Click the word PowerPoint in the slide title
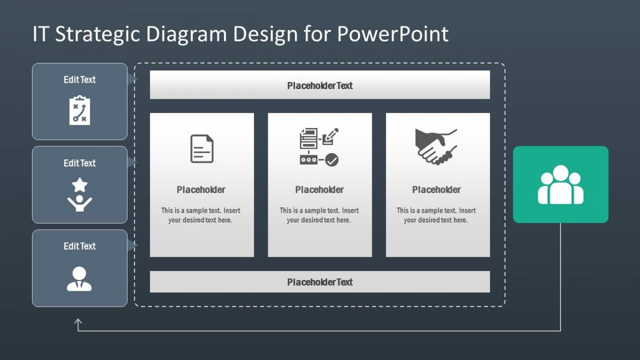(x=393, y=34)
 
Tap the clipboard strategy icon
(x=79, y=110)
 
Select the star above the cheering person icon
(x=79, y=185)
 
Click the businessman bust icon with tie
(x=79, y=278)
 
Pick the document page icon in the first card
(x=202, y=149)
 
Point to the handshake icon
(x=436, y=146)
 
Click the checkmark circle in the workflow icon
(x=332, y=159)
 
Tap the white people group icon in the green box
(x=561, y=185)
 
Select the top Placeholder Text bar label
(x=319, y=85)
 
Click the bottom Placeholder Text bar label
(x=319, y=282)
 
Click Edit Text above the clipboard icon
(x=79, y=79)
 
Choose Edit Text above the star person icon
(x=79, y=163)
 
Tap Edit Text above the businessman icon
(x=79, y=246)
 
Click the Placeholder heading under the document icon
(x=201, y=190)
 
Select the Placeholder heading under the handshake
(x=436, y=190)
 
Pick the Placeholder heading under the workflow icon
(x=319, y=190)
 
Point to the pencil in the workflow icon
(x=331, y=135)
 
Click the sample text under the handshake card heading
(x=436, y=215)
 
